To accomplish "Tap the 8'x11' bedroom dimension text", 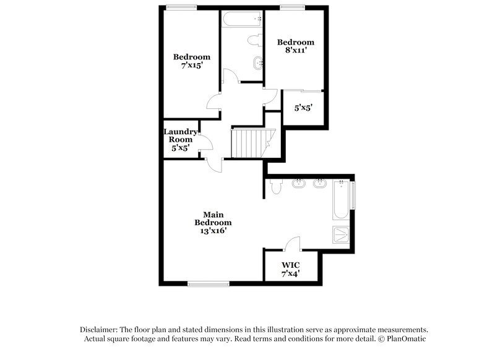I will click(295, 51).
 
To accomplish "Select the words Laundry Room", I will click(180, 135).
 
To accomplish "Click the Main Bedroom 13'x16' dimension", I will click(213, 231).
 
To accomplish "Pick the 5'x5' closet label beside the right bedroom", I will click(303, 108).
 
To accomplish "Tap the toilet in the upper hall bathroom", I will click(254, 40).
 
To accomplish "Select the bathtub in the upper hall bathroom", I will click(242, 19).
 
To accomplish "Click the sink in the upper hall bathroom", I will click(257, 64).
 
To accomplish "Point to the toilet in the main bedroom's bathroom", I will click(276, 185).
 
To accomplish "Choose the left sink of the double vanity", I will click(299, 183).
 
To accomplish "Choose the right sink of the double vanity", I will click(320, 183).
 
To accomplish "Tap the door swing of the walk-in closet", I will click(294, 243).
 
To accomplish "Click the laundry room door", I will click(207, 143).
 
